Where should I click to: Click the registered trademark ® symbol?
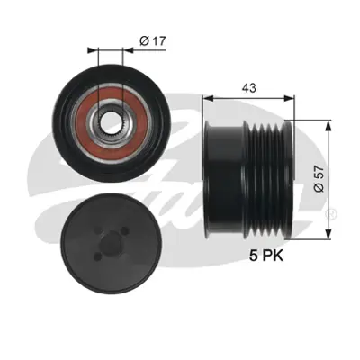point(332,213)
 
